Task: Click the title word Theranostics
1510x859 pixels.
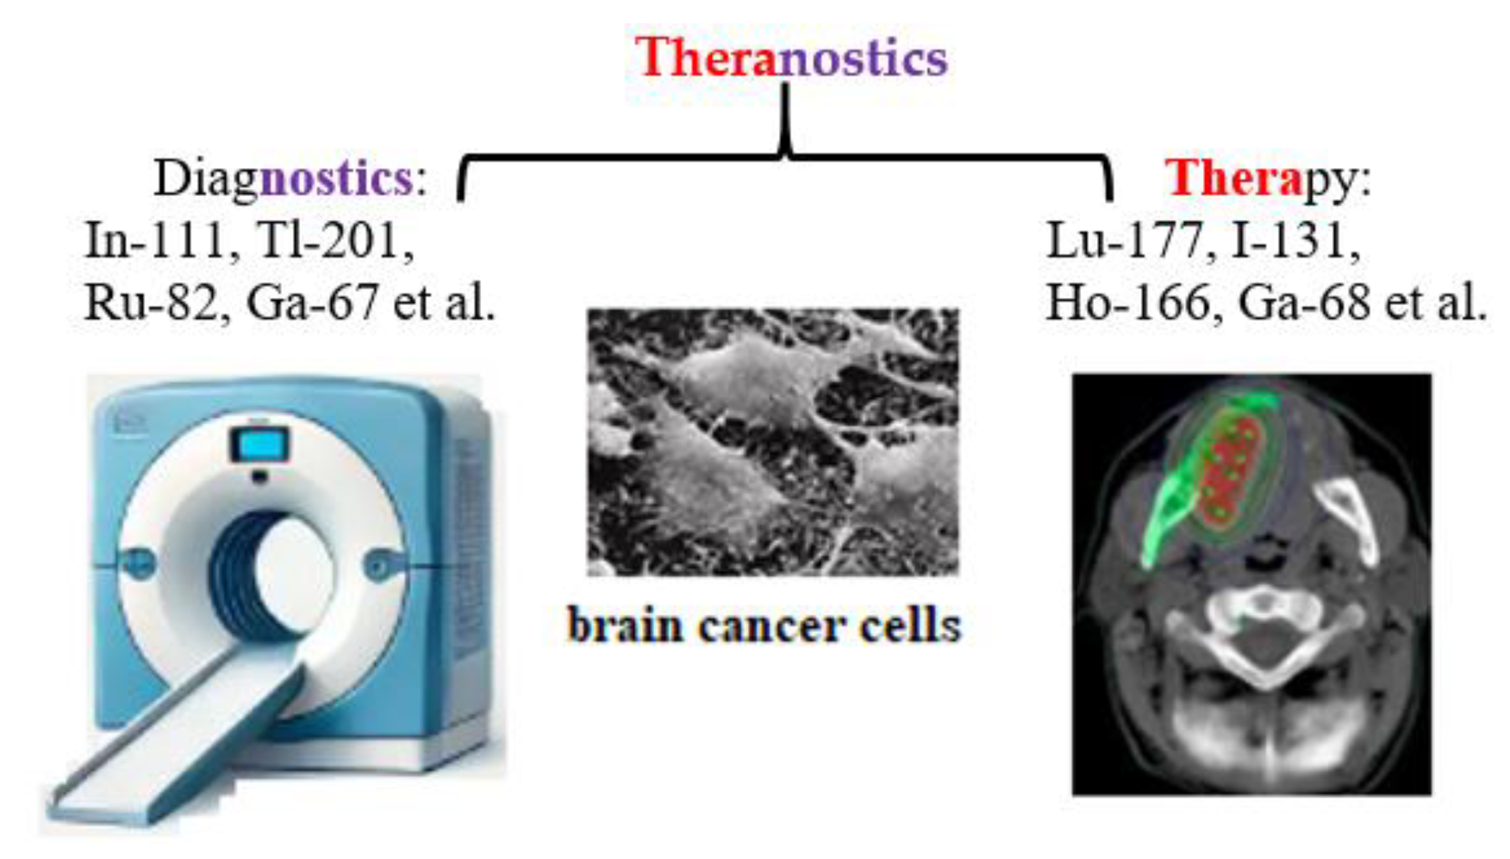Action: coord(791,58)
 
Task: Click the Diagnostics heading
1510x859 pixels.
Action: coord(290,179)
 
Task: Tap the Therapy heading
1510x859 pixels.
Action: coord(1268,179)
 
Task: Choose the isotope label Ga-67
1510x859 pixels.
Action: coord(311,303)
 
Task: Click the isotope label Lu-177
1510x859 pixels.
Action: coord(1125,241)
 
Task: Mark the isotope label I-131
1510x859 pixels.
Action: coord(1291,241)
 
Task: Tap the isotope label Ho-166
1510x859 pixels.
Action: coord(1129,303)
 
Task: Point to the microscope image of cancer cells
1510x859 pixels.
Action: coord(773,442)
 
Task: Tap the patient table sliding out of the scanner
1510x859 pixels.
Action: coord(179,745)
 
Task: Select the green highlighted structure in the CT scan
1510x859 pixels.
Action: coord(1167,512)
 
